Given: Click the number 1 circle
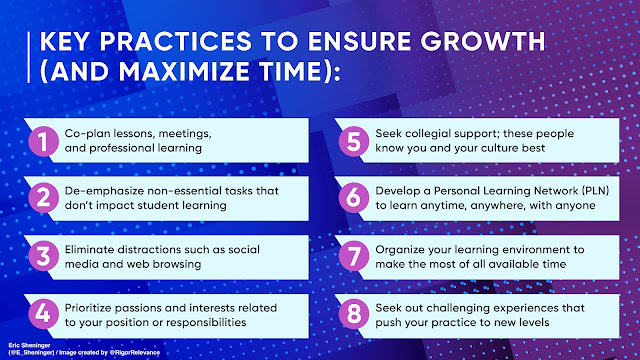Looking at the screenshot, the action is point(43,141).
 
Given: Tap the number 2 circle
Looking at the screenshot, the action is point(43,198).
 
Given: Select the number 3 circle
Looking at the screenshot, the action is point(43,256).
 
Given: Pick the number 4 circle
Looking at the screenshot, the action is point(43,314).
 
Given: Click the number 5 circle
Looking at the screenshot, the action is point(353,141).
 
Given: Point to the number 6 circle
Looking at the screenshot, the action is point(353,198).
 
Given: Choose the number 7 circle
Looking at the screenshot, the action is point(353,256).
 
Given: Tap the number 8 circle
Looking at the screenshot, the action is point(353,314).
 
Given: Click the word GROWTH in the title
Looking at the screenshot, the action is point(483,41).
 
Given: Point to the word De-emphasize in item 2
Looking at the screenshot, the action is point(104,191).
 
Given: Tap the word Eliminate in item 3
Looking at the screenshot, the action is point(89,249).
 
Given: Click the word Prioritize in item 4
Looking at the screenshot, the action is point(90,308).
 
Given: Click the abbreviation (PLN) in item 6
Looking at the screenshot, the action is point(596,191).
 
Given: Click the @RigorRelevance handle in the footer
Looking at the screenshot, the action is point(135,352).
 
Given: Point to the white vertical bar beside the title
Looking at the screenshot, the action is point(29,58).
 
